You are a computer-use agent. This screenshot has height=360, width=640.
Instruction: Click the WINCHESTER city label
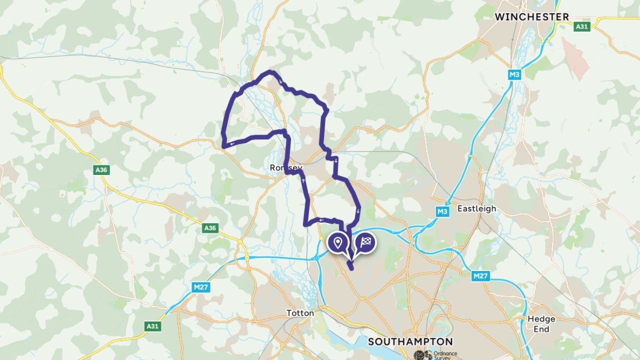532,16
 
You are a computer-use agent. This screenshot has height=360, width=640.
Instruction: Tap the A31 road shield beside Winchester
581,26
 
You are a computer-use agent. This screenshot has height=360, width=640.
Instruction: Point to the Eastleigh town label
477,208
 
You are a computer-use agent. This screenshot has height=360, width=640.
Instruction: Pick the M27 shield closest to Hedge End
479,276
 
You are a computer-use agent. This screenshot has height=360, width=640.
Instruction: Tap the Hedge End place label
541,324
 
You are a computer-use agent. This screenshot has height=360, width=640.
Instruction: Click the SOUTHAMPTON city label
410,342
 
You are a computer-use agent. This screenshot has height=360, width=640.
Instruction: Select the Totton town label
300,313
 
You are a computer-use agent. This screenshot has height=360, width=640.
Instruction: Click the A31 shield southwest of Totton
152,326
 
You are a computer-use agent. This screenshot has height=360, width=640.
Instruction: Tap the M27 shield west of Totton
201,287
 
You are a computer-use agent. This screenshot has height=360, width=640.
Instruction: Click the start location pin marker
338,242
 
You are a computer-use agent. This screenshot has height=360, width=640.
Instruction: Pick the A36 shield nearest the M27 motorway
210,228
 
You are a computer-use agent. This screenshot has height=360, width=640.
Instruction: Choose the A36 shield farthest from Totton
101,170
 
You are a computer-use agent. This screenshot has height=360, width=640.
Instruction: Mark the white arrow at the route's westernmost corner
230,144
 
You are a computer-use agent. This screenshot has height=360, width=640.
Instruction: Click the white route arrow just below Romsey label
303,179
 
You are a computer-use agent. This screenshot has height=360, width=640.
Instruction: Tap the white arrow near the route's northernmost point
280,81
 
